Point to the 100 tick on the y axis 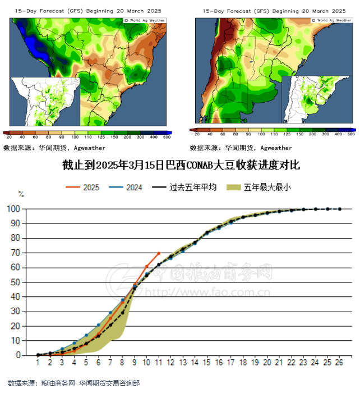click(x=14, y=209)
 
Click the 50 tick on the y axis click(x=16, y=282)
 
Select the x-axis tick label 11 click(x=159, y=363)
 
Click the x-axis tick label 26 click(x=340, y=363)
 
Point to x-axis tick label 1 click(x=38, y=363)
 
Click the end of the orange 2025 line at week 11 click(x=159, y=253)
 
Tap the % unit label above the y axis click(x=21, y=194)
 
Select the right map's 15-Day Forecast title click(x=274, y=11)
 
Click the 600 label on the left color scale click(x=167, y=137)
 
